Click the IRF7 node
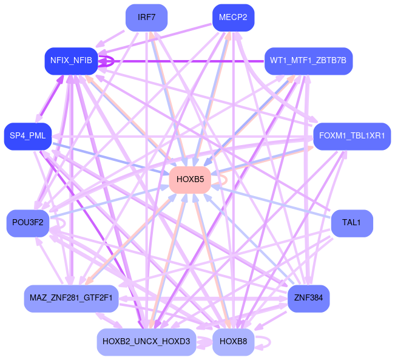(x=147, y=17)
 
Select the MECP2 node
(x=233, y=17)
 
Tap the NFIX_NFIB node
(x=72, y=61)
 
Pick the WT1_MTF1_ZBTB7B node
(x=309, y=61)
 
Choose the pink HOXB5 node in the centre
(x=190, y=179)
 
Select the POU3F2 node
(x=28, y=223)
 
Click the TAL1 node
(x=352, y=223)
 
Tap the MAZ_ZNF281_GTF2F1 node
(x=71, y=298)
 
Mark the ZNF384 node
(x=308, y=298)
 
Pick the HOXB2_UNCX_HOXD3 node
(x=146, y=342)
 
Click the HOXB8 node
(x=233, y=342)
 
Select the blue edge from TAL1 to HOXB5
(x=273, y=202)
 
